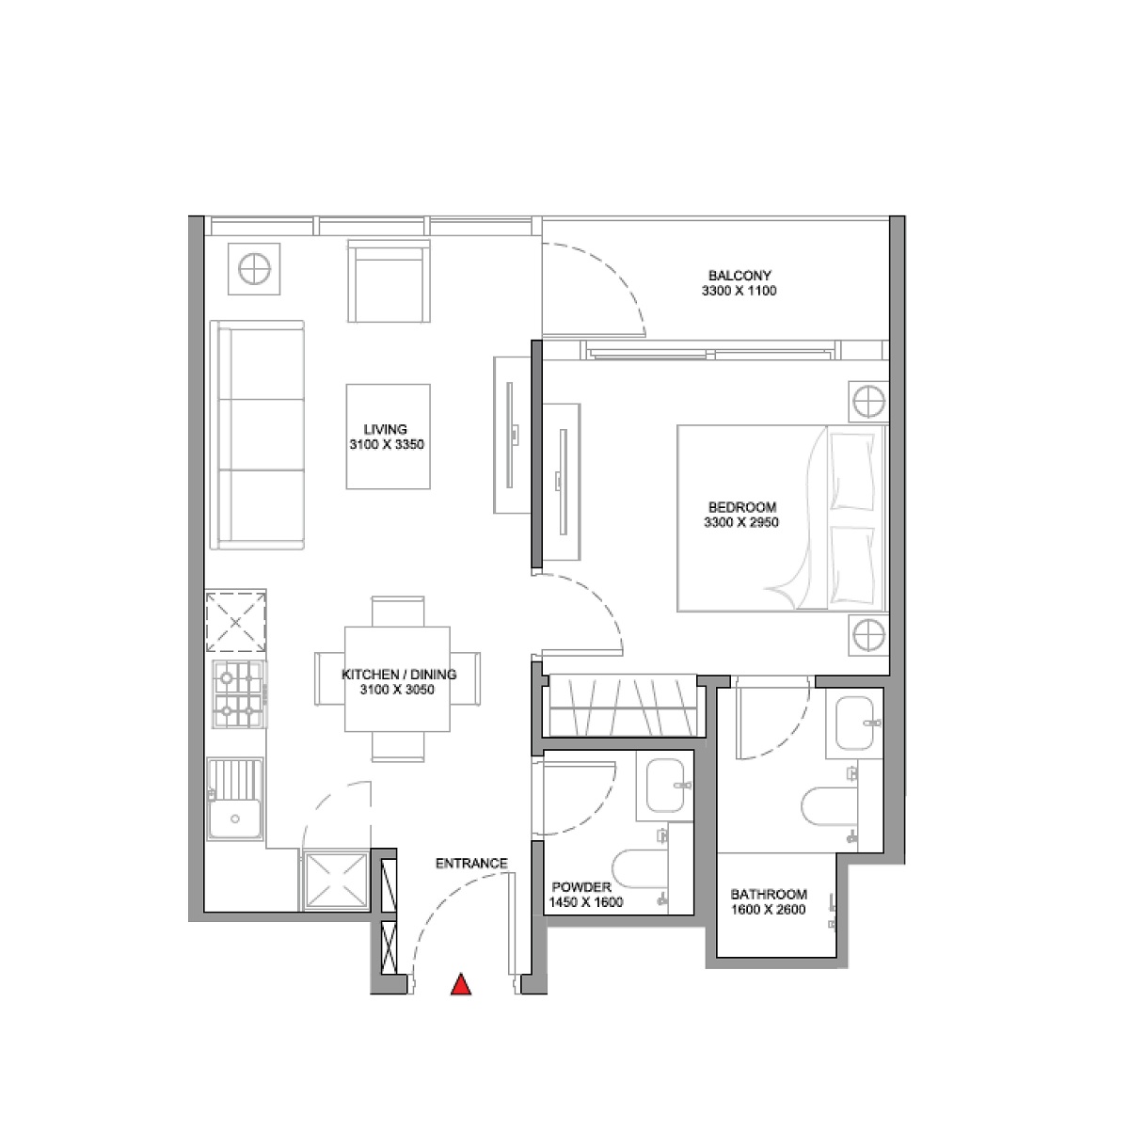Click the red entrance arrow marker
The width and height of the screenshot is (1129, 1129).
click(x=461, y=985)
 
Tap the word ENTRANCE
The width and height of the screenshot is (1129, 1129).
click(x=471, y=863)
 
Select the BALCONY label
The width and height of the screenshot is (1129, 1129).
click(x=739, y=275)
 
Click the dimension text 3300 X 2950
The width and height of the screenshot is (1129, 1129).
click(x=741, y=522)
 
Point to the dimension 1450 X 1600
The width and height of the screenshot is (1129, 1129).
click(x=585, y=902)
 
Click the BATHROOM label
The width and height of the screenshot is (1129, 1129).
click(x=768, y=894)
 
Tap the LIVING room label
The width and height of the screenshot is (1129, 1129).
click(x=385, y=429)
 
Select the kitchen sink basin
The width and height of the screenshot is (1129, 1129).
click(x=235, y=799)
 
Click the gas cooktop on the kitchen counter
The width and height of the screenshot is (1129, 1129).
click(x=239, y=695)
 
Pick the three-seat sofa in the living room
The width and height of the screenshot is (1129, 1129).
click(x=257, y=435)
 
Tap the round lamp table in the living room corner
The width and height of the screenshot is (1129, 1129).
click(x=254, y=269)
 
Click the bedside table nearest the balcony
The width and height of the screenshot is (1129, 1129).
click(x=869, y=402)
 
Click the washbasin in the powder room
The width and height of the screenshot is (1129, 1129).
click(x=665, y=785)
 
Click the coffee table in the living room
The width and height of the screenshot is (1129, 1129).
click(x=389, y=437)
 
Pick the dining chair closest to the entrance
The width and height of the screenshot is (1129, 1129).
click(x=398, y=747)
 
